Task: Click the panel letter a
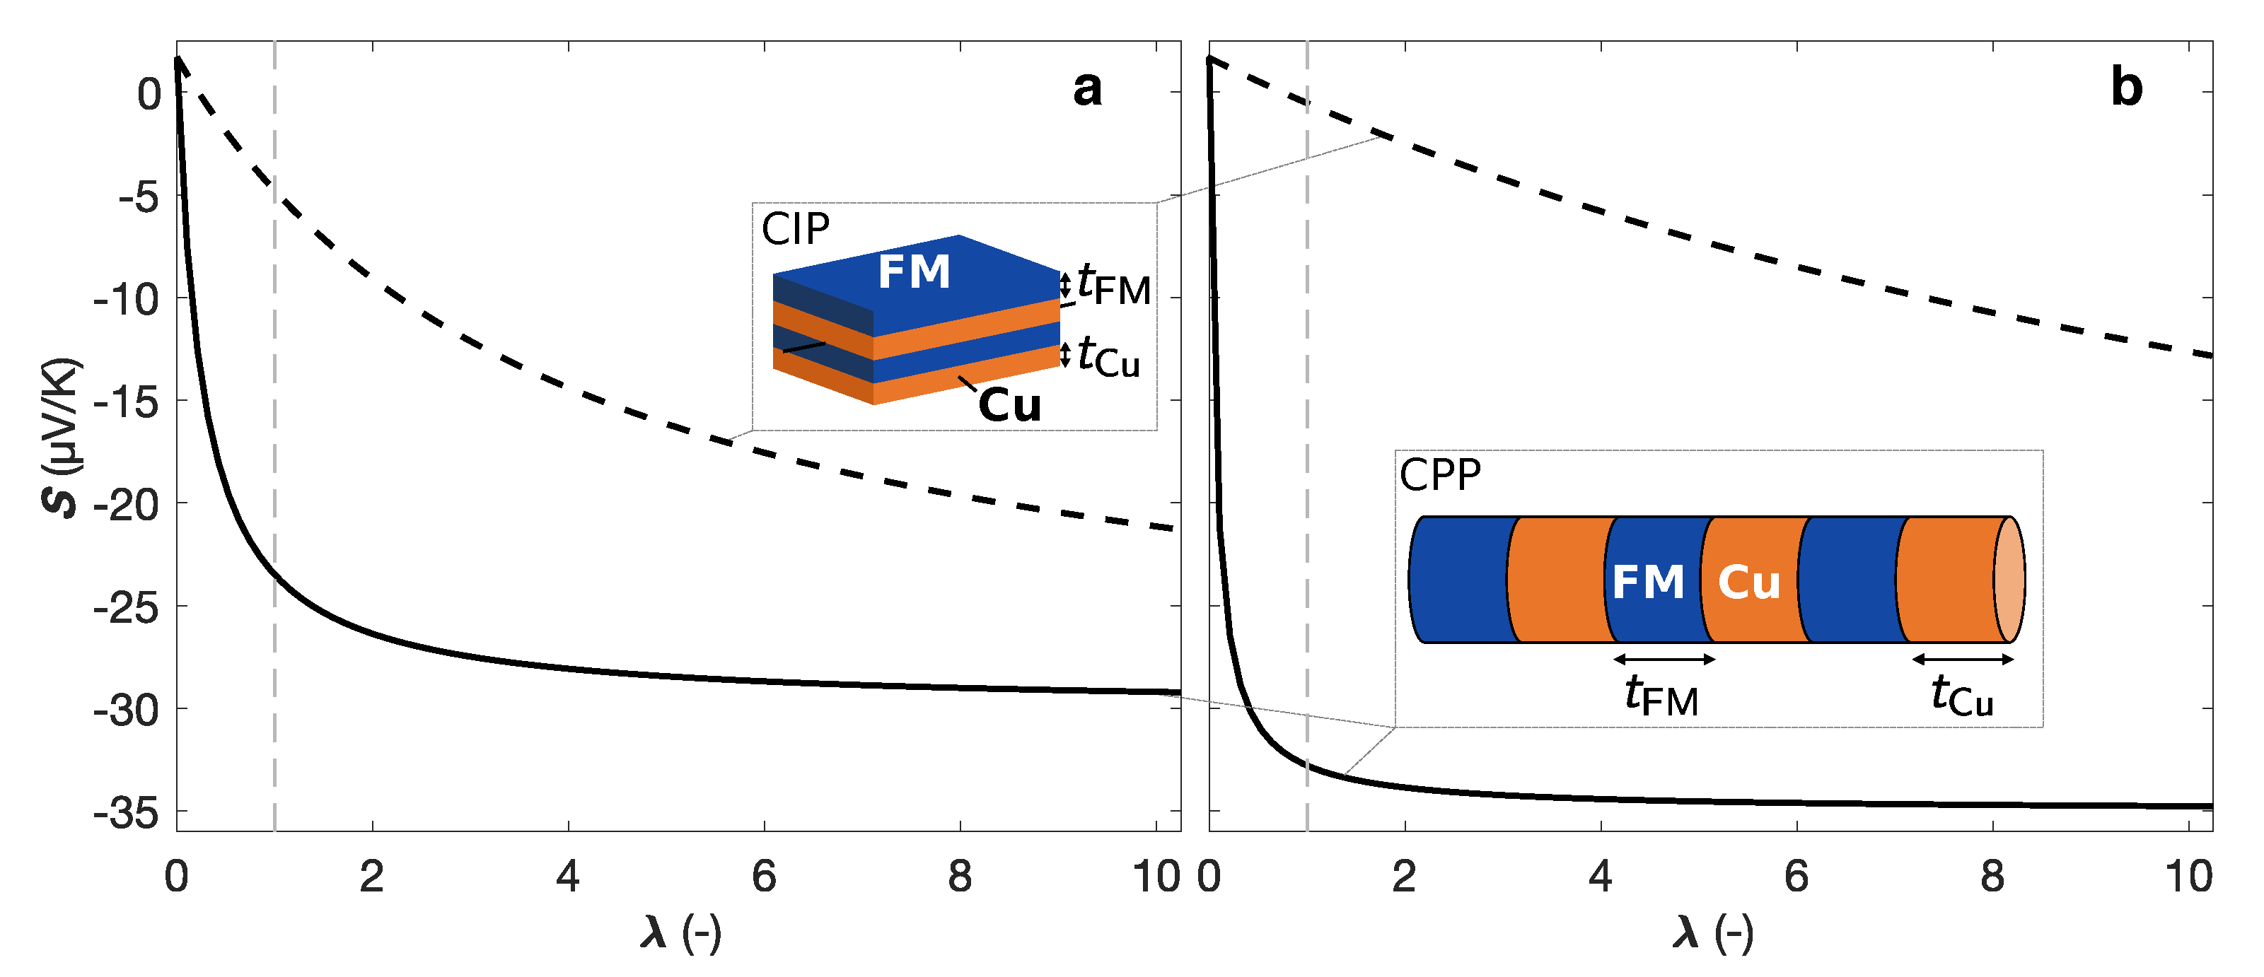[x=1087, y=89]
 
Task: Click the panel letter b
[x=2126, y=89]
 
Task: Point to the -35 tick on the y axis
[x=127, y=813]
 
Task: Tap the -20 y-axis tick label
[x=127, y=504]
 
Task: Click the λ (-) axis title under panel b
[x=1713, y=932]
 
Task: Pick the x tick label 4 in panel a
[x=568, y=876]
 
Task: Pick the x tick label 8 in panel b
[x=1992, y=876]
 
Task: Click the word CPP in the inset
[x=1439, y=475]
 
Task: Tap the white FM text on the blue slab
[x=914, y=271]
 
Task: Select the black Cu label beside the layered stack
[x=1010, y=406]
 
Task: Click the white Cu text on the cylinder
[x=1749, y=583]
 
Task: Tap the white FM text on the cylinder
[x=1648, y=583]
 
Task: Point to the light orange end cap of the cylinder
[x=2009, y=579]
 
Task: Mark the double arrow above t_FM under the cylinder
[x=1665, y=659]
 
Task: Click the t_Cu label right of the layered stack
[x=1108, y=357]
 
